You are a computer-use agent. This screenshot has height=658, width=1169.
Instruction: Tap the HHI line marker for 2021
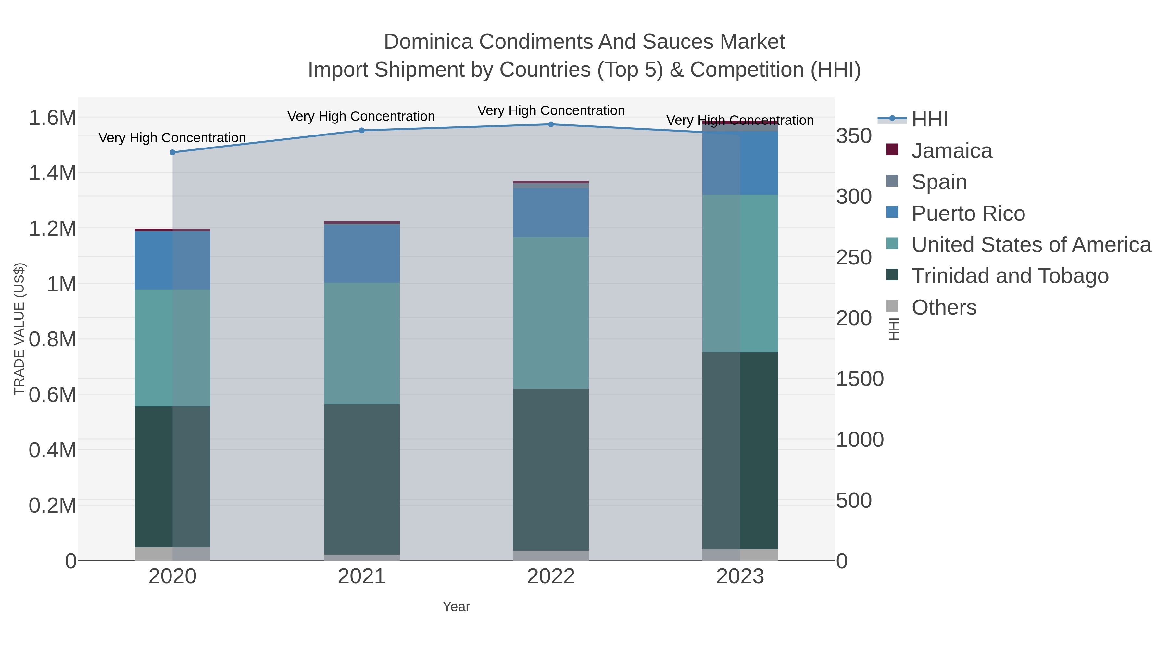click(362, 130)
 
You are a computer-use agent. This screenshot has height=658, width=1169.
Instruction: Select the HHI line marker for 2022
click(551, 124)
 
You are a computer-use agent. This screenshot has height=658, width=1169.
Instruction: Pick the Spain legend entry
click(938, 182)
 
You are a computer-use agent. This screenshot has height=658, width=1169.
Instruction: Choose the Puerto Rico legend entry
click(968, 213)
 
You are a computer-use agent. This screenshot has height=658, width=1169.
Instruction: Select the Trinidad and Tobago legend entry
click(1010, 276)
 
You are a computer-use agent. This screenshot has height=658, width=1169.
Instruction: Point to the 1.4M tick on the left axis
click(53, 173)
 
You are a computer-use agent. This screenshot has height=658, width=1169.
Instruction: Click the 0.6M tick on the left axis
click(53, 394)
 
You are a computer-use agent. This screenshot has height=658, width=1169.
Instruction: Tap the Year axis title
click(456, 607)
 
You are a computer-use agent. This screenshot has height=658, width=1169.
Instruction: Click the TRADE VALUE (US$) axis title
click(19, 329)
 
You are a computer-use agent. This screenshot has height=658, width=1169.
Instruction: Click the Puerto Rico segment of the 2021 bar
click(362, 253)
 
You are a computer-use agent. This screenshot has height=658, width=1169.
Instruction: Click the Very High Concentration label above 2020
click(172, 137)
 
